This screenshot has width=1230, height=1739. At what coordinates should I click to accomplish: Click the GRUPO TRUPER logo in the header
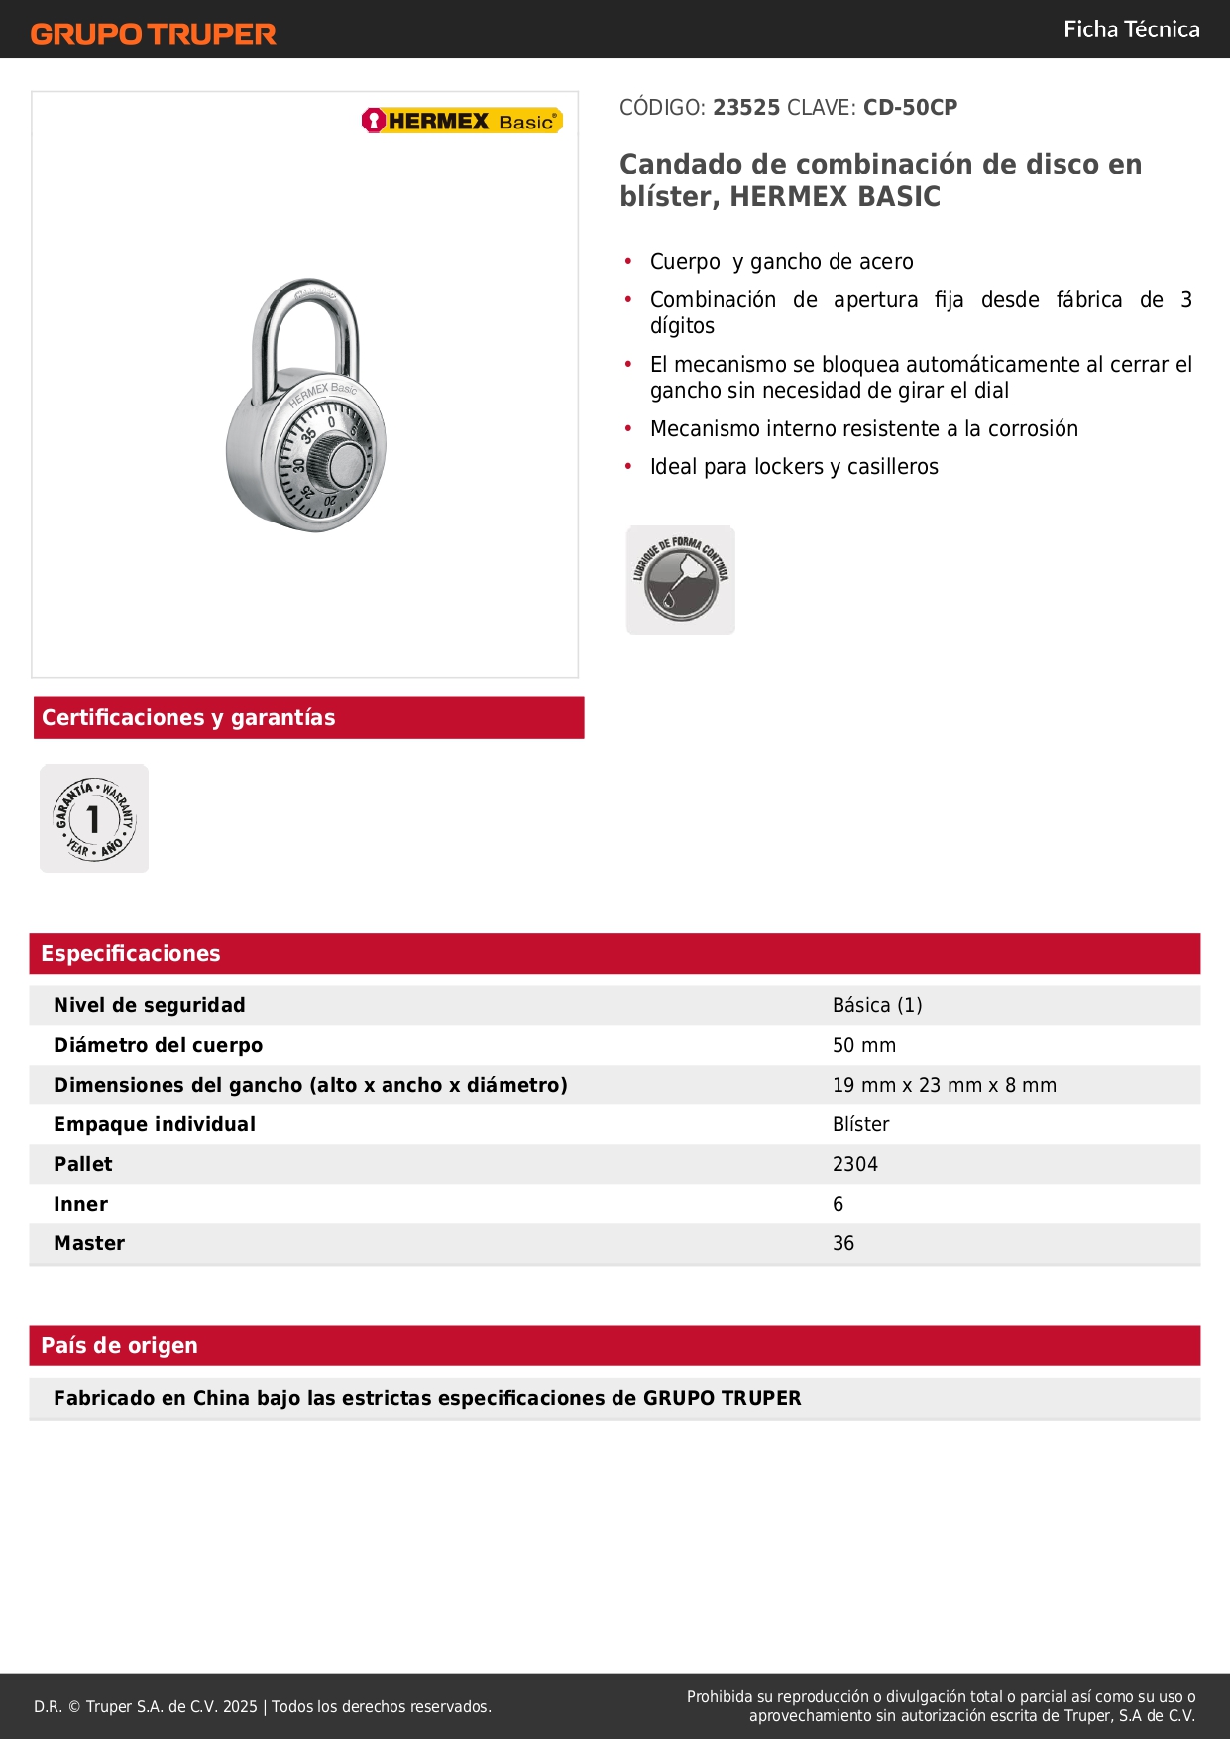153,34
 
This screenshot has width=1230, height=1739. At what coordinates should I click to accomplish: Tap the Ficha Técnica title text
1131,29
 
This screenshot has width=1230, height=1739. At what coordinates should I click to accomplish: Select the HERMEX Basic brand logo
462,121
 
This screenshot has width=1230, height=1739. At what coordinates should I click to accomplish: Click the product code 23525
746,107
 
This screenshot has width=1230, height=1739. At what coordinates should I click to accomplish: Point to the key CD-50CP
910,107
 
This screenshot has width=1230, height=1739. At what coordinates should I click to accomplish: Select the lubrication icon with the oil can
681,580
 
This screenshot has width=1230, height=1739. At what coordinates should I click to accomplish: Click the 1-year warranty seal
94,819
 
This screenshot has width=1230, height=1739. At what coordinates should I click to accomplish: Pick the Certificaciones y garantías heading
188,717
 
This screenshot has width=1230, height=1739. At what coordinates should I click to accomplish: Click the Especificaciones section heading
131,953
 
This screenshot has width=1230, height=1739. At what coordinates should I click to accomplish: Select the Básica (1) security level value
877,1005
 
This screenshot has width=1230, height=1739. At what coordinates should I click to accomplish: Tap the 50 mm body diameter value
864,1045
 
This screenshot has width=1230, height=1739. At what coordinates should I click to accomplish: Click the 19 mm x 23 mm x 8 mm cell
944,1085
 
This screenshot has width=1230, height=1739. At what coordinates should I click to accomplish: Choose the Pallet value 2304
854,1164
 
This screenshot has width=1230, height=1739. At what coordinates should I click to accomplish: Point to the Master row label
89,1243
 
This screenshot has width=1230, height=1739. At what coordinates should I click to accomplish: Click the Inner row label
80,1204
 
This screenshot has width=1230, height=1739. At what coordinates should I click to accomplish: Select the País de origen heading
119,1345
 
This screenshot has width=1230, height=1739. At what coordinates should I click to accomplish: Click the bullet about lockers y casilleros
794,467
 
